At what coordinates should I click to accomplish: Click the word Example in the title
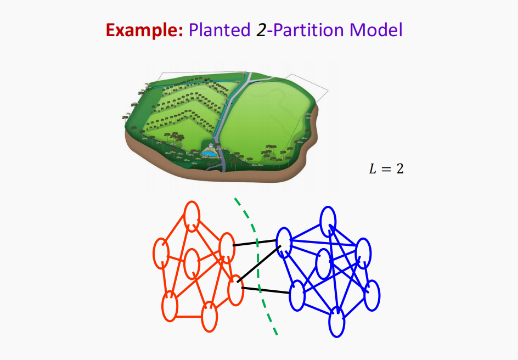pos(144,30)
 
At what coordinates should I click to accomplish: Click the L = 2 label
pos(385,168)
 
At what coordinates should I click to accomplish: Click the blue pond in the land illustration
pos(208,153)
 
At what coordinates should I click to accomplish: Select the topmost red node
pos(192,215)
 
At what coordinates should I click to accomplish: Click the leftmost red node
pos(161,253)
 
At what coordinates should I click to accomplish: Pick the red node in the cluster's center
pos(192,263)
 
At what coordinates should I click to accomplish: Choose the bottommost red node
pos(209,317)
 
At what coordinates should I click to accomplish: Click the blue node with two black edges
pos(283,241)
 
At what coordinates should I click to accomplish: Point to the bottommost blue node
pos(336,322)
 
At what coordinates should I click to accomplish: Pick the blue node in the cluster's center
pos(323,263)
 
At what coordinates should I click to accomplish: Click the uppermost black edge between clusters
pos(255,243)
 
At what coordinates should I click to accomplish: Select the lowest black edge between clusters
pos(266,290)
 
